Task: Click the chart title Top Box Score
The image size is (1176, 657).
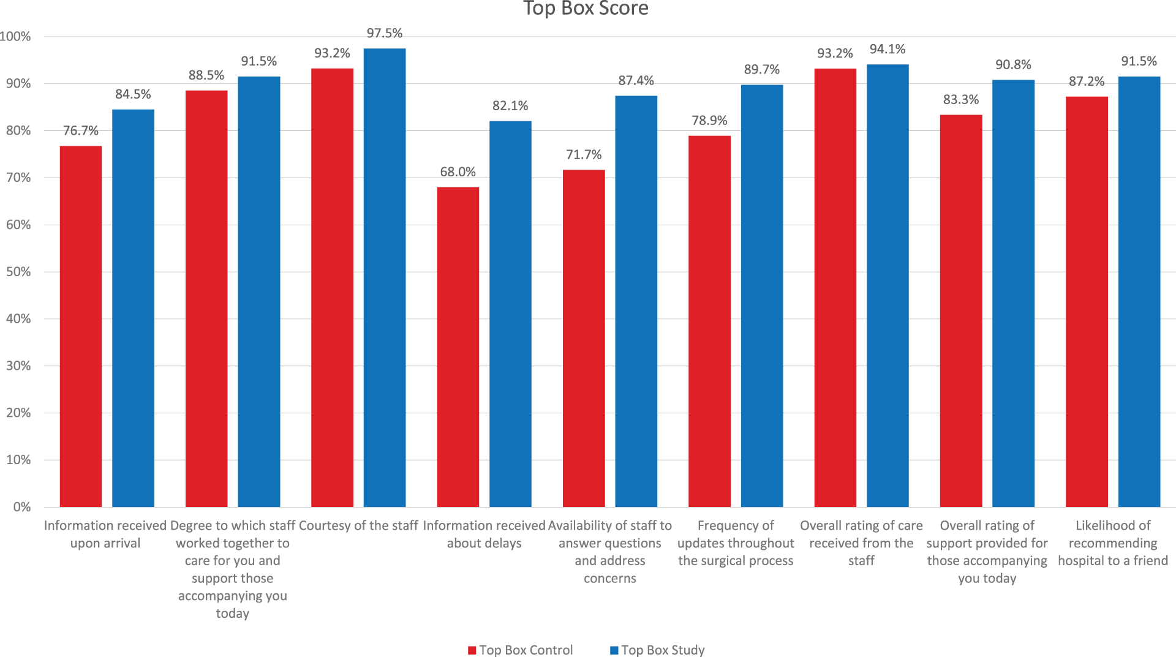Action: click(x=586, y=9)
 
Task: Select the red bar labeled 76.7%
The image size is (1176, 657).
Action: click(x=81, y=326)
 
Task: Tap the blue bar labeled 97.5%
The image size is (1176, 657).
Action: click(x=385, y=277)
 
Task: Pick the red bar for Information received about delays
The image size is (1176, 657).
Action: click(x=458, y=347)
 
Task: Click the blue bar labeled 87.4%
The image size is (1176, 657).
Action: click(x=636, y=301)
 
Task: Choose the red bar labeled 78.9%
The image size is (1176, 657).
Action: click(x=709, y=321)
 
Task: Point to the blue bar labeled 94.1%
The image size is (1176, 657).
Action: click(x=888, y=285)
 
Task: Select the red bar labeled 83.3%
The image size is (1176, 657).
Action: click(x=961, y=311)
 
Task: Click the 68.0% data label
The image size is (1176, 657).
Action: click(x=458, y=172)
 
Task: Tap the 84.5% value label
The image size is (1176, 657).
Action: click(x=133, y=94)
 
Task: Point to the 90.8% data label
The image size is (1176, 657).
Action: click(x=1013, y=65)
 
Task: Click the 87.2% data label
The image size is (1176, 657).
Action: click(x=1087, y=81)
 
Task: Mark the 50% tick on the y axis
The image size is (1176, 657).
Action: click(x=18, y=272)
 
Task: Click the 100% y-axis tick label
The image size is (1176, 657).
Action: click(x=15, y=37)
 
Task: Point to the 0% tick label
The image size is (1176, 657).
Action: click(x=22, y=507)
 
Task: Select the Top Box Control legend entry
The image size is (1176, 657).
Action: click(x=521, y=650)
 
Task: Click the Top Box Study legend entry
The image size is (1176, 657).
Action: click(x=657, y=650)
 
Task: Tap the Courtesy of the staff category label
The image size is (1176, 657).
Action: click(x=358, y=525)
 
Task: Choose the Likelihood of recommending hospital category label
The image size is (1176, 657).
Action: click(x=1113, y=543)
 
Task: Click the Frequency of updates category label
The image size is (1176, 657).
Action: click(x=736, y=543)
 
